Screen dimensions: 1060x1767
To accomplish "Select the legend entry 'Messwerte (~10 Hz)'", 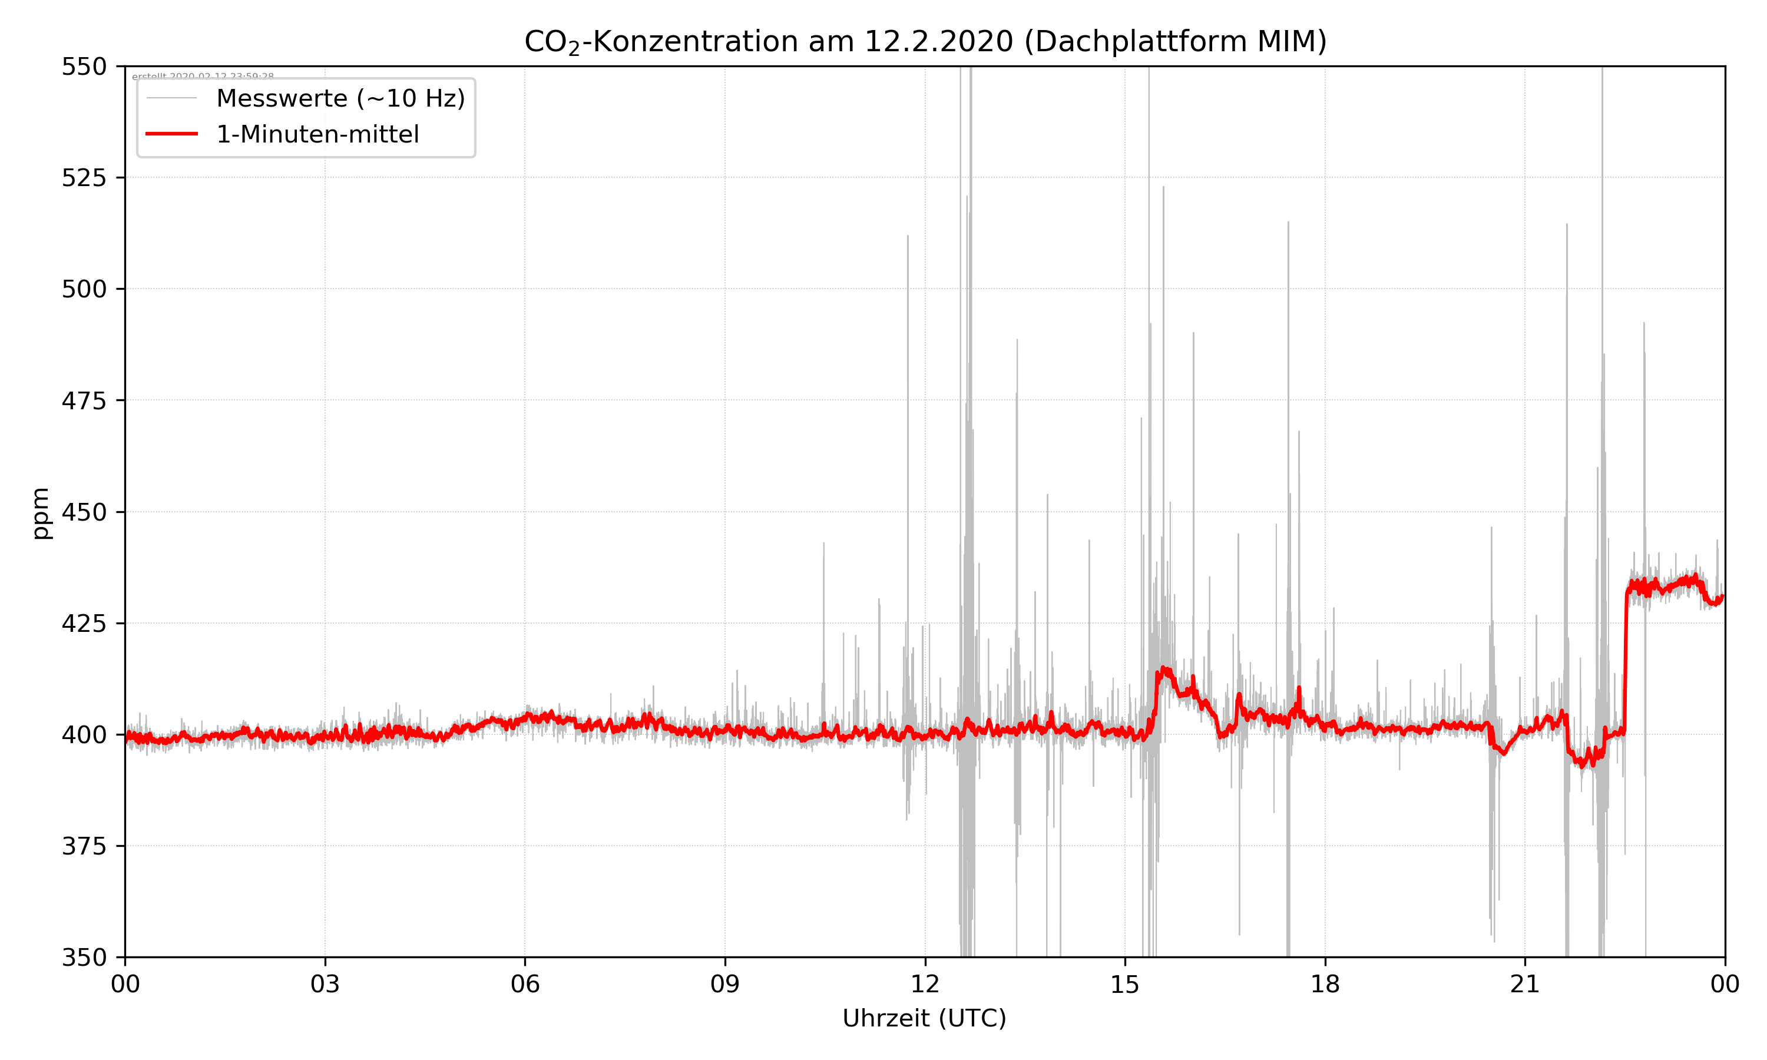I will coord(340,98).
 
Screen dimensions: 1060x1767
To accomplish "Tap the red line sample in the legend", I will coord(171,134).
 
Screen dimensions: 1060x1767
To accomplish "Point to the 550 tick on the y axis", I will coord(84,67).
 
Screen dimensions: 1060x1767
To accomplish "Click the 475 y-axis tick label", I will coord(84,400).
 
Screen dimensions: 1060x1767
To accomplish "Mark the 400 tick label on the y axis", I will coord(84,735).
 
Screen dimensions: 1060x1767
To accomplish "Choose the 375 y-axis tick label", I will coord(84,846).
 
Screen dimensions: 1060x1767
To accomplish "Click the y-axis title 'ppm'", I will coord(41,513).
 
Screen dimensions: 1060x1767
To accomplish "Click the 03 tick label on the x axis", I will coord(325,984).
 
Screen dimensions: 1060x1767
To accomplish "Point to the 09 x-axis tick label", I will coord(725,984).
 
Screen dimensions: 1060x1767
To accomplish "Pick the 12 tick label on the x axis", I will coord(925,984).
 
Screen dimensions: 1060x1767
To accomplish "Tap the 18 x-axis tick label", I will coord(1325,984).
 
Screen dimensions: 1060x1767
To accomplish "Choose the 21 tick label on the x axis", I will coord(1525,984).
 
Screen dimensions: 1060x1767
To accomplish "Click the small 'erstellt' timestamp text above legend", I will coord(203,76).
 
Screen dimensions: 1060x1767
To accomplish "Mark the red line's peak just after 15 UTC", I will coord(1163,670).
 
